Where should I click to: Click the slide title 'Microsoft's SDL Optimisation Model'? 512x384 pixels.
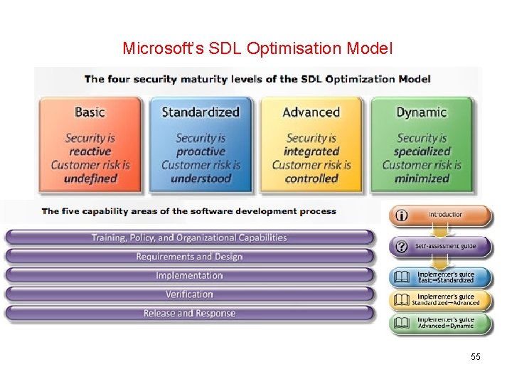point(257,48)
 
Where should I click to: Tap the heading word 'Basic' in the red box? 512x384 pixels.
point(90,112)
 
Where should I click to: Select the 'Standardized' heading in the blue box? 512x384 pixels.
point(201,112)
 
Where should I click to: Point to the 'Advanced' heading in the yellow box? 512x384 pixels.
point(311,112)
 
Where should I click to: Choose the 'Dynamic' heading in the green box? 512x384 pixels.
point(422,112)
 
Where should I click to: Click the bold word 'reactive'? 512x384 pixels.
point(90,151)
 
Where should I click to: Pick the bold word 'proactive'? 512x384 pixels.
point(201,151)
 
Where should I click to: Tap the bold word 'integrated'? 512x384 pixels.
point(311,151)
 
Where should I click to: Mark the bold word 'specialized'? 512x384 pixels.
point(422,151)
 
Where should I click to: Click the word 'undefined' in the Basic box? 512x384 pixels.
point(90,178)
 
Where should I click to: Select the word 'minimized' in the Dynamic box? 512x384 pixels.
point(422,178)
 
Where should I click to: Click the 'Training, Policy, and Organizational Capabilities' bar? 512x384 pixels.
point(189,238)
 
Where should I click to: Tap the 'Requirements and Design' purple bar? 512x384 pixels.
point(189,257)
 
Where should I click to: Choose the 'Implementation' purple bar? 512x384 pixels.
point(189,275)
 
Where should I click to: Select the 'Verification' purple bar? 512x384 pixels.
point(189,294)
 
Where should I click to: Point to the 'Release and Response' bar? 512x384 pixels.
point(189,313)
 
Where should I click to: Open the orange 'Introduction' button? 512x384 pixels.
point(441,215)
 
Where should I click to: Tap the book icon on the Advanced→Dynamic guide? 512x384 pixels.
point(402,323)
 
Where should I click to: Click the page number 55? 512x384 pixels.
point(476,356)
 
